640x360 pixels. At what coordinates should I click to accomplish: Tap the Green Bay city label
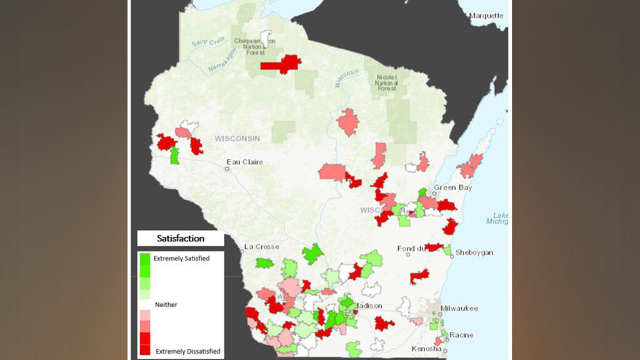(x=452, y=187)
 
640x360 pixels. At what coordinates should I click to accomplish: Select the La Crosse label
(x=262, y=246)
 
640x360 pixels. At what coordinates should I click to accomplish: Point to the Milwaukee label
(x=459, y=309)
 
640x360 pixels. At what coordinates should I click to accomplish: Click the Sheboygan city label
(x=474, y=252)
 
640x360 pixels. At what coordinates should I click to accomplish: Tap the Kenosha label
(x=426, y=348)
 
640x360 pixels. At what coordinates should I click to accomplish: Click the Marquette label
(x=486, y=15)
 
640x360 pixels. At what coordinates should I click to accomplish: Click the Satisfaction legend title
(x=181, y=238)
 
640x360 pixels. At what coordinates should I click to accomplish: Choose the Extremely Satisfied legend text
(x=181, y=257)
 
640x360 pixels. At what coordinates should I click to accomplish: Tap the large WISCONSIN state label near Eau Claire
(x=237, y=137)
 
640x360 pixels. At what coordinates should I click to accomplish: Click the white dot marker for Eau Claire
(x=227, y=168)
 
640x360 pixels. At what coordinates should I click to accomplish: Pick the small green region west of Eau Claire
(x=175, y=156)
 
